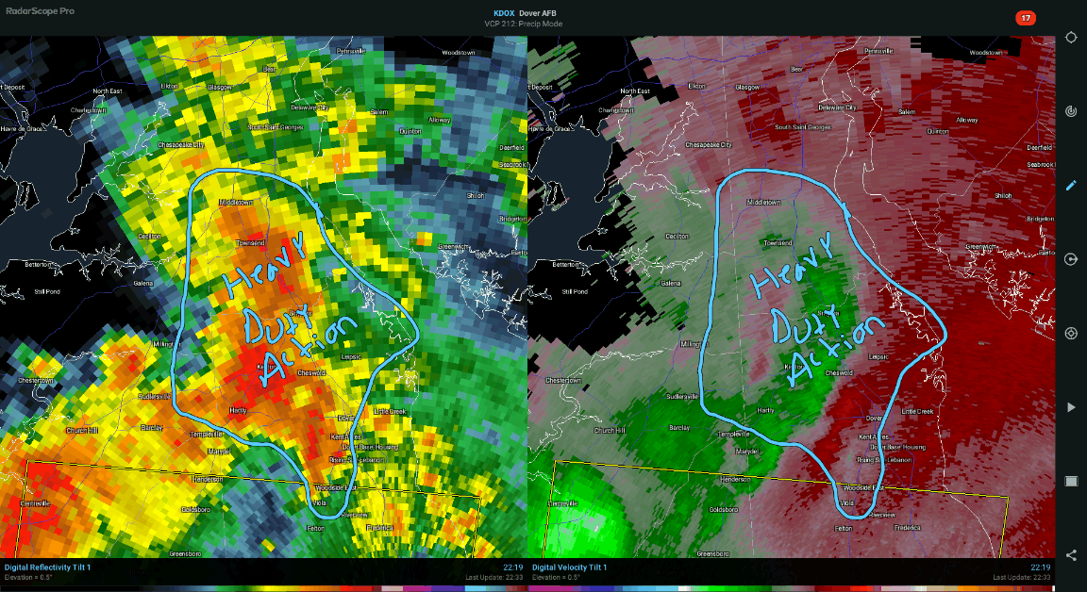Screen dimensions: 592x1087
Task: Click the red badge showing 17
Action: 1025,18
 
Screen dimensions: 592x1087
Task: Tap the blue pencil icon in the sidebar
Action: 1071,186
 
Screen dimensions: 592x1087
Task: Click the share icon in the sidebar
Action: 1071,555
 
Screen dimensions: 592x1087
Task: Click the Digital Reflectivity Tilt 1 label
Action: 48,567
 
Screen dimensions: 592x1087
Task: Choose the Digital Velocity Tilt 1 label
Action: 569,567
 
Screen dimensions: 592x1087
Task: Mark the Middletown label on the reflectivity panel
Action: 237,202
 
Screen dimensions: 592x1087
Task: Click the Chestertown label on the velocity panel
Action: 563,380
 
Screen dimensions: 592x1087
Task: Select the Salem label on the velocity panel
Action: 907,111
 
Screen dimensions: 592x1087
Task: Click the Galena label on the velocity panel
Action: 672,283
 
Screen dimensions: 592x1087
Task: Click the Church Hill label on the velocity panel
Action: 609,430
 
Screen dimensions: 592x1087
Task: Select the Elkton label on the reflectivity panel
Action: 169,86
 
